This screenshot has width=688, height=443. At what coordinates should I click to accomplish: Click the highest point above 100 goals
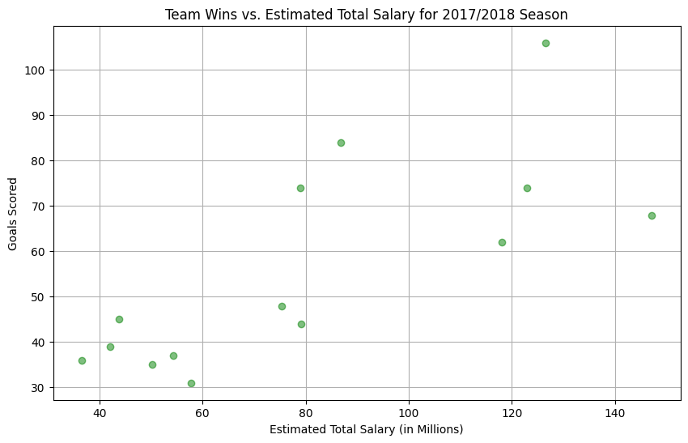[546, 43]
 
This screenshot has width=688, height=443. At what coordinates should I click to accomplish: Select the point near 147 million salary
[652, 215]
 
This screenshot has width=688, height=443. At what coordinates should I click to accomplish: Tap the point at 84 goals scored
[341, 143]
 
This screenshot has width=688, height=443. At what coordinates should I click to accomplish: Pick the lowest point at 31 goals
[191, 383]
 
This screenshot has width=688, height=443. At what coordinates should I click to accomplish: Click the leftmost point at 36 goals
[82, 360]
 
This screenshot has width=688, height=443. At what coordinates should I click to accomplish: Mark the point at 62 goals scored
[502, 242]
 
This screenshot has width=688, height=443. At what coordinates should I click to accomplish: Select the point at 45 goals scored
[119, 319]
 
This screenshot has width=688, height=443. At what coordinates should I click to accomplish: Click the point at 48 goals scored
[282, 306]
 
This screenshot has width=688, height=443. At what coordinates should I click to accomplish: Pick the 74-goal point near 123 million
[527, 188]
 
